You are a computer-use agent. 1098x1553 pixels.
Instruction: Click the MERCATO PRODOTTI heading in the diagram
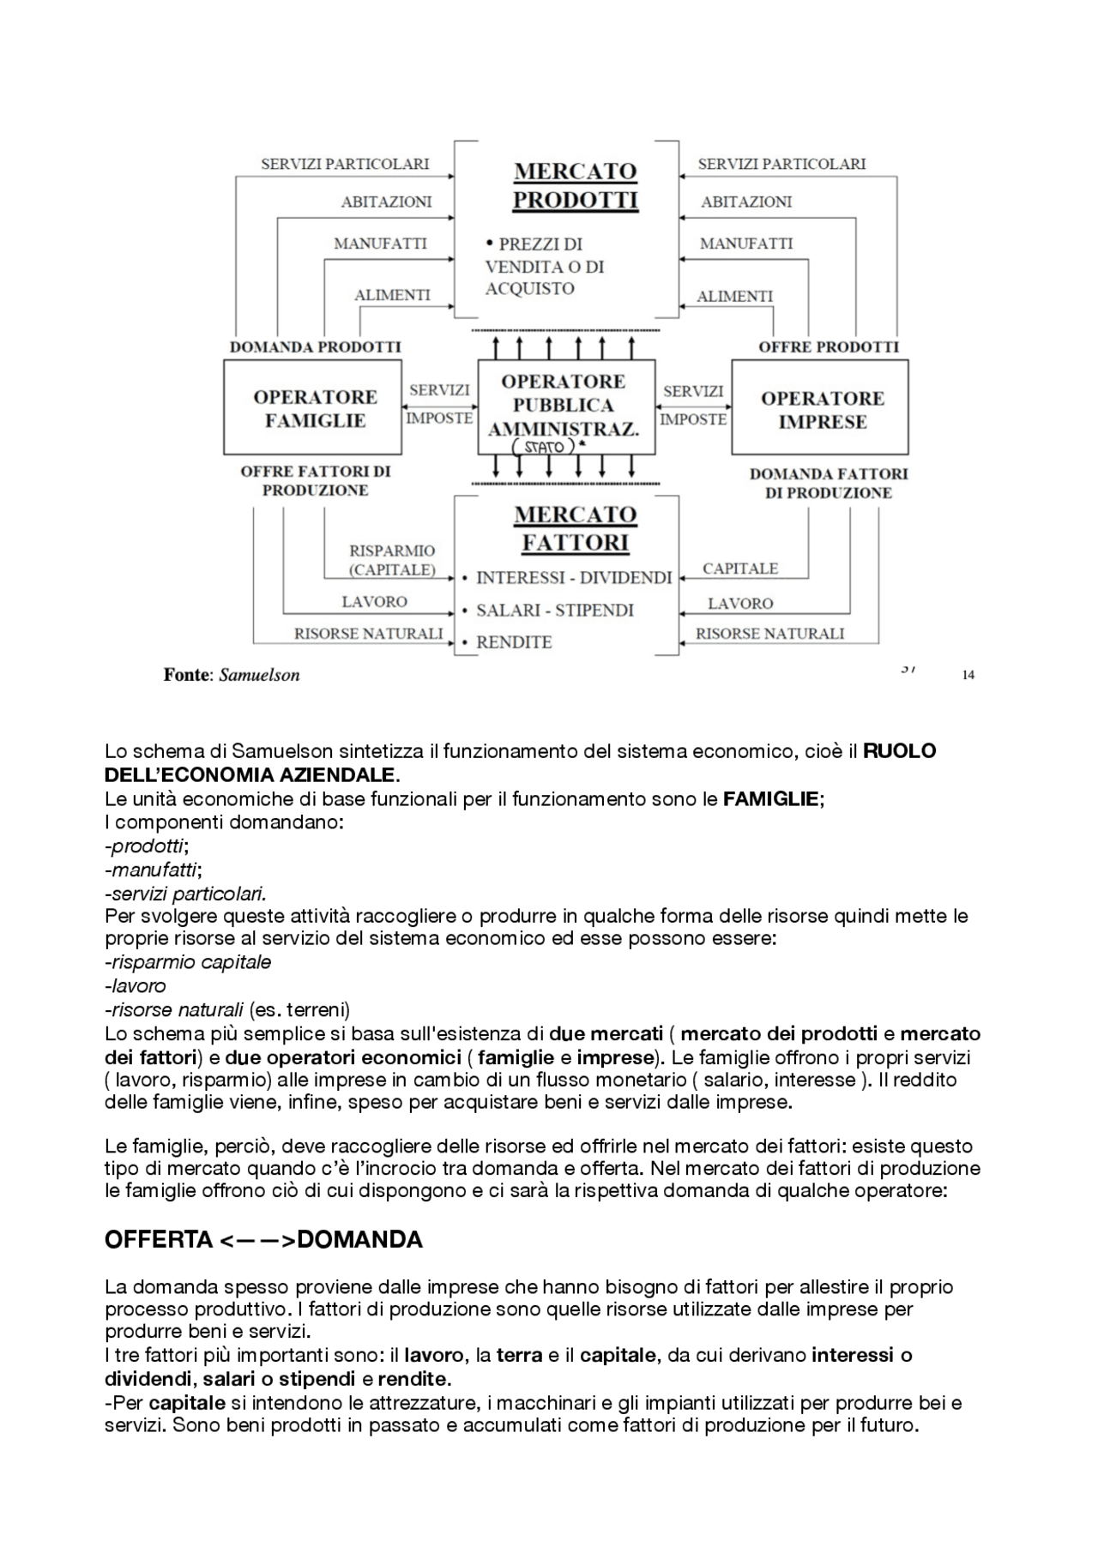575,185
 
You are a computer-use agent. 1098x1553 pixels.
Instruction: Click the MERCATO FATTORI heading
575,528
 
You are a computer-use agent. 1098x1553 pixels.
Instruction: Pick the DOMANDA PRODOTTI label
315,347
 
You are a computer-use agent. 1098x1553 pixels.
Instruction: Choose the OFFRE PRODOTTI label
828,347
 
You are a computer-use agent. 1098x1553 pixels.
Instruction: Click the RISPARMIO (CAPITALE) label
391,560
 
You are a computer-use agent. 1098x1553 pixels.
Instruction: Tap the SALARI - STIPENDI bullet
554,611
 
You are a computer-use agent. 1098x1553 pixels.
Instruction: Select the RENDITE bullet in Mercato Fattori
513,642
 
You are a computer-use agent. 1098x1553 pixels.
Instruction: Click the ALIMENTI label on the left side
392,295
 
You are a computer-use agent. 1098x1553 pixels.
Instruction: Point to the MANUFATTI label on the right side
745,244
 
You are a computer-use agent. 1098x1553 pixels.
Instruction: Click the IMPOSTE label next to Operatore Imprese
693,419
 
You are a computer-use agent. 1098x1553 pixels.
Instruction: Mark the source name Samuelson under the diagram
259,675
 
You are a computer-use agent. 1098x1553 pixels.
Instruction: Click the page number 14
968,675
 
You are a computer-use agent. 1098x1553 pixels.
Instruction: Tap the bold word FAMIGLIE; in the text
773,799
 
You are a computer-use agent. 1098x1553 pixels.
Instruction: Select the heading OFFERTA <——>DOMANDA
262,1240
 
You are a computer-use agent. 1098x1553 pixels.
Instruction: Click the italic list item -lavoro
136,985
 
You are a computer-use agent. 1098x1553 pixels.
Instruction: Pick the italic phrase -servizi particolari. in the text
185,893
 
